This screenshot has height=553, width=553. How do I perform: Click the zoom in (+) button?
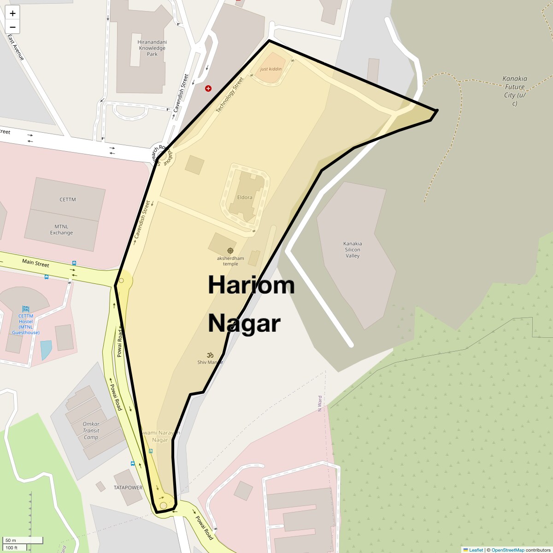click(12, 13)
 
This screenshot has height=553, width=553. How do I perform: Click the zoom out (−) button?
click(12, 27)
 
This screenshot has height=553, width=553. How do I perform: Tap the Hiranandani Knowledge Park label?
click(152, 48)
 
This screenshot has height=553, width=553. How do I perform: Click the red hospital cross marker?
click(208, 88)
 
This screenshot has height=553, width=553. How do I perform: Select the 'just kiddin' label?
click(271, 69)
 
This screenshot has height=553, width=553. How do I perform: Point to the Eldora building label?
click(245, 197)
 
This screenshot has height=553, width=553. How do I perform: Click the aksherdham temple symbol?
click(230, 251)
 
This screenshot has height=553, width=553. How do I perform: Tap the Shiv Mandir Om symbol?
click(210, 355)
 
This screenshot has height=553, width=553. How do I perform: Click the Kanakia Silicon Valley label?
click(353, 250)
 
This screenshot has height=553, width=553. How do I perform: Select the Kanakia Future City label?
click(515, 90)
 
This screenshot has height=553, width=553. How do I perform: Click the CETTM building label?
click(68, 200)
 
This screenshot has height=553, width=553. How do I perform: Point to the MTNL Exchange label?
click(61, 229)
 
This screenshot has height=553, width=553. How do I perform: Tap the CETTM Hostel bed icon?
click(26, 309)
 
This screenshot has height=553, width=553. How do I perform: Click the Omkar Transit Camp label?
click(91, 430)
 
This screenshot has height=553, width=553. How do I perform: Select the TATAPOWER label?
click(128, 488)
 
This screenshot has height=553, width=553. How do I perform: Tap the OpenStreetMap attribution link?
click(507, 550)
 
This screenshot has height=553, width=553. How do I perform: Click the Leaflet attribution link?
click(476, 550)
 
